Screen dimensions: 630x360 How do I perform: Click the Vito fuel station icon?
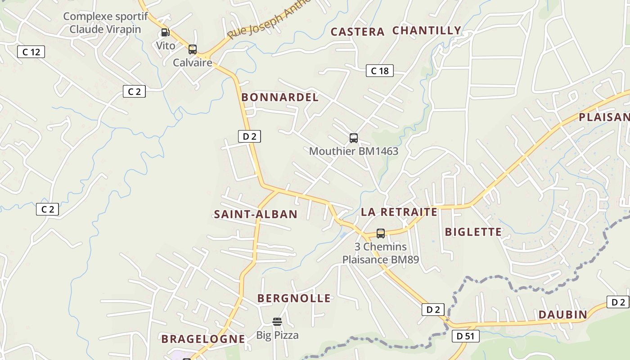coord(165,32)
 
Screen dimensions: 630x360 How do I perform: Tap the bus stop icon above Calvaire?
coord(193,49)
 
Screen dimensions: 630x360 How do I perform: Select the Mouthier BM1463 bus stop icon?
coord(354,138)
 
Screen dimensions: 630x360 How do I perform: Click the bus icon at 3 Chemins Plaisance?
coord(381,234)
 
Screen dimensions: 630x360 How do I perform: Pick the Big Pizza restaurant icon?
coord(277,322)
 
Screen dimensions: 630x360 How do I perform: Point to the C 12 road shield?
coord(31,52)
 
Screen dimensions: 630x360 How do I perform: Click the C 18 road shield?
coord(379,71)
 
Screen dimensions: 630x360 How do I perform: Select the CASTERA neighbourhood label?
coord(357,32)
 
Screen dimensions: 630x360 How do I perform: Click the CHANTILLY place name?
coord(427,31)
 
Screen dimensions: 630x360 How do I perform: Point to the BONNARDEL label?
coord(280,97)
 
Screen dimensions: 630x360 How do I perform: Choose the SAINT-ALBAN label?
coord(256,214)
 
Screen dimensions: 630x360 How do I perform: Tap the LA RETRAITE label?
coord(399,212)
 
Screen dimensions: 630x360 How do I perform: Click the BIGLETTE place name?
coord(473,232)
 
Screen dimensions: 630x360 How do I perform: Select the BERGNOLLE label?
coord(294,298)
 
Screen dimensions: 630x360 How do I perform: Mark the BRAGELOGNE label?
coord(203,339)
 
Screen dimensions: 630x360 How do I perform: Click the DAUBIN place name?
coord(562,315)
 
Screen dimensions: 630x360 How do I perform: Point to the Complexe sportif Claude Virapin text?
coord(105,23)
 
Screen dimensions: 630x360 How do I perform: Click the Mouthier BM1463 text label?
coord(354,151)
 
